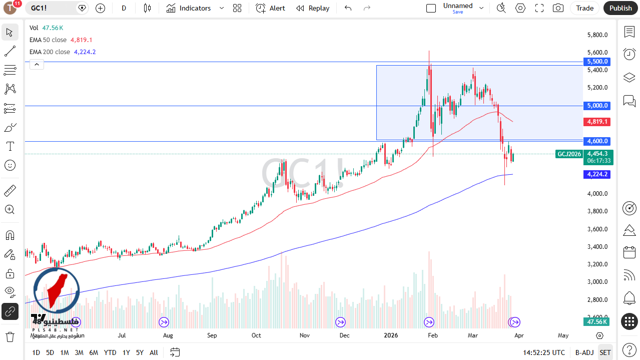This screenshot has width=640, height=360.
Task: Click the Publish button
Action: pos(620,8)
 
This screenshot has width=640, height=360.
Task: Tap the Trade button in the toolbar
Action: pos(584,8)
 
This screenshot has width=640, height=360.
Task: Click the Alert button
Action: pos(270,8)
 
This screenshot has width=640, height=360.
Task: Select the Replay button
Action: pos(313,8)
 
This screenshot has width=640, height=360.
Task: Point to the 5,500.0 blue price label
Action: pos(597,62)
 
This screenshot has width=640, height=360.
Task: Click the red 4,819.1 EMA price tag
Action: pos(597,122)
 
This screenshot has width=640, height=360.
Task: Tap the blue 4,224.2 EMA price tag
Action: pos(597,174)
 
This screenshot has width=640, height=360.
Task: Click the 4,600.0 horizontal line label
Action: pos(597,141)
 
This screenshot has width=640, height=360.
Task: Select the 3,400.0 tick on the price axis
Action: pos(597,247)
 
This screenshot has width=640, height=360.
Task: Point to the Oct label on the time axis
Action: pos(256,335)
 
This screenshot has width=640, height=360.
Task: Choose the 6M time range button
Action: pos(94,352)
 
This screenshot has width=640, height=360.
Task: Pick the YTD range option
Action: pos(110,352)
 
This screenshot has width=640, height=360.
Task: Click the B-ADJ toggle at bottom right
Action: pos(584,352)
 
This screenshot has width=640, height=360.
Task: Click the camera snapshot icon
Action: pos(557,8)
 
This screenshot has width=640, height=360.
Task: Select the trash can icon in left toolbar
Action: pos(10,336)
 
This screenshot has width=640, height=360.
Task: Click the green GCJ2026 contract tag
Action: pos(569,154)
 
